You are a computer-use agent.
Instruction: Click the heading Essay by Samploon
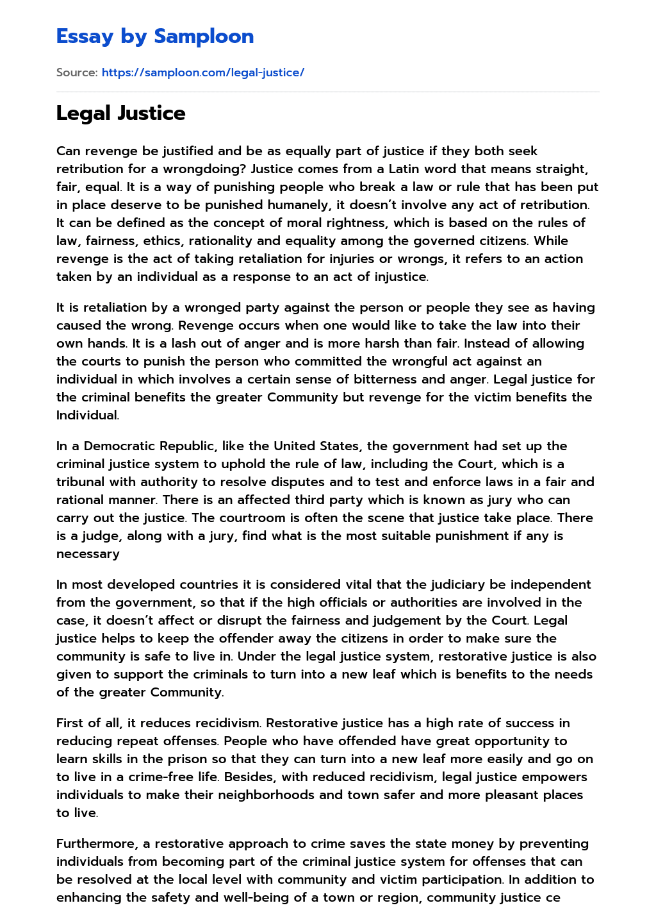point(155,37)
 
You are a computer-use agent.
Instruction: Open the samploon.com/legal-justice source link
point(202,72)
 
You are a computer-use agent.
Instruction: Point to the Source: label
point(77,72)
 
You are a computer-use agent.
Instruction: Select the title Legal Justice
point(120,114)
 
